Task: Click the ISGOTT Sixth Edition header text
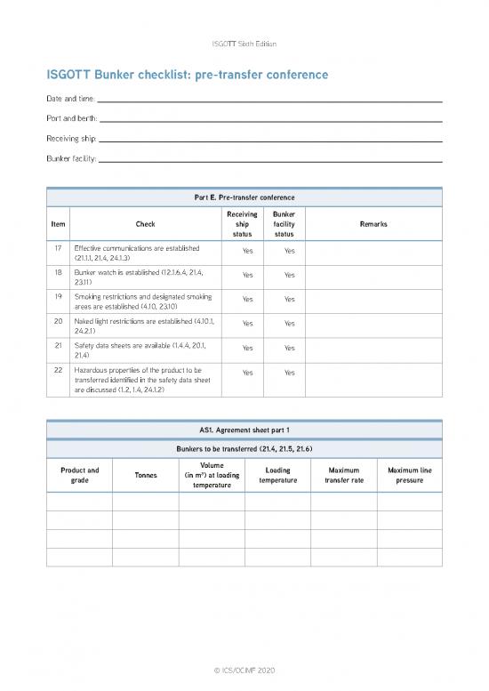click(x=244, y=44)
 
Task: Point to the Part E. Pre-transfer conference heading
click(x=244, y=197)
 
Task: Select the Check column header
click(x=145, y=224)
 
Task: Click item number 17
click(x=58, y=247)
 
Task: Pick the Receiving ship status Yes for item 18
click(x=248, y=275)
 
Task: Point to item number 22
click(x=58, y=369)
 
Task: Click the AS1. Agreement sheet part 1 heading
click(x=244, y=430)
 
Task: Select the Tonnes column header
click(x=145, y=474)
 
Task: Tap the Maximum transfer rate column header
click(x=343, y=475)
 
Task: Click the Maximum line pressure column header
click(x=409, y=475)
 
